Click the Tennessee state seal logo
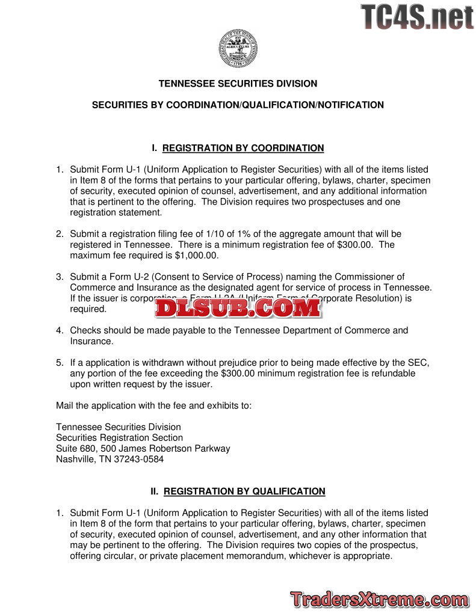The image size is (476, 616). click(238, 48)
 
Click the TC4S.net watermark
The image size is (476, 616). click(417, 17)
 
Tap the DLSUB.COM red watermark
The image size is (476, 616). click(238, 307)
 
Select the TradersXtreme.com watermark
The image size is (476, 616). click(379, 599)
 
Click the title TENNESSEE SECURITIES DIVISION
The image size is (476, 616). click(238, 84)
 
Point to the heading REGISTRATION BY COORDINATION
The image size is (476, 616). click(243, 148)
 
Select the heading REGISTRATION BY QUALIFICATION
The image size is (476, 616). click(244, 491)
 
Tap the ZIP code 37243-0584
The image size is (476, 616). click(138, 459)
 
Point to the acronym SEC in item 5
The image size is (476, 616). click(419, 362)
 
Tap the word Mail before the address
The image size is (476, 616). click(64, 405)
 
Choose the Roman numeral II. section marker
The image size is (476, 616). click(155, 491)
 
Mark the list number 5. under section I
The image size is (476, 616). click(60, 362)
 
